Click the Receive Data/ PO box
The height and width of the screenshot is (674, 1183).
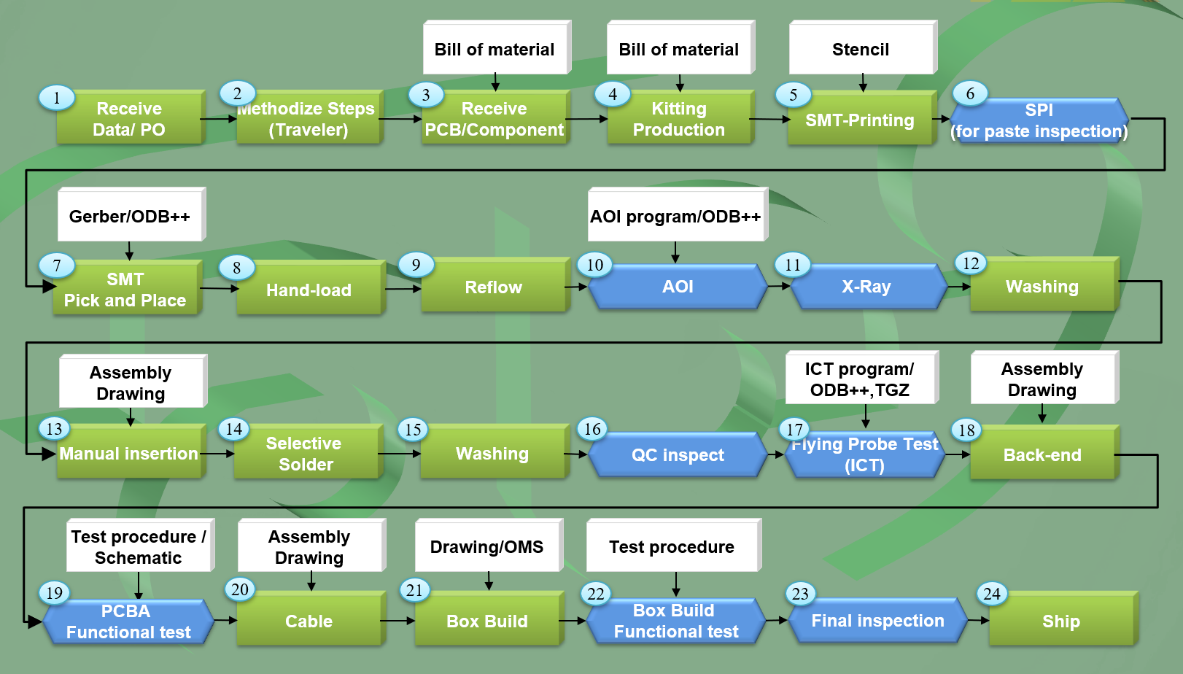pos(129,118)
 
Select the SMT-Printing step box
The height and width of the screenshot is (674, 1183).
pos(860,120)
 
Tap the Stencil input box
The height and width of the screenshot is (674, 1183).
pos(861,49)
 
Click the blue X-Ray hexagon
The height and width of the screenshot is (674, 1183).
pos(866,287)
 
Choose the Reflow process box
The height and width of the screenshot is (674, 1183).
pos(494,287)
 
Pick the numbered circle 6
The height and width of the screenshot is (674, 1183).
pos(970,93)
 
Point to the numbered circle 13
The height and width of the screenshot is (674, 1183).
pos(54,428)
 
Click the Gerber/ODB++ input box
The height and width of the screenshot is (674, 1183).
pos(130,216)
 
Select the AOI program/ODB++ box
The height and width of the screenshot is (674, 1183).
pos(675,216)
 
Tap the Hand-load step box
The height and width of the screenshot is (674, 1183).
pos(309,290)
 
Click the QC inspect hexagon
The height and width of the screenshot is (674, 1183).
pos(678,455)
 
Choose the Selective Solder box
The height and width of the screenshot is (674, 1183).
pos(306,454)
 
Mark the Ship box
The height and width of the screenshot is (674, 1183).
pos(1061,621)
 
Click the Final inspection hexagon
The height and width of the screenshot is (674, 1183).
pos(877,621)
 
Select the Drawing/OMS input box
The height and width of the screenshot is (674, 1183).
pos(487,546)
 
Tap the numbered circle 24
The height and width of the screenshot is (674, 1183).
pos(992,594)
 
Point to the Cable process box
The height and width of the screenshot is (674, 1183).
pos(309,621)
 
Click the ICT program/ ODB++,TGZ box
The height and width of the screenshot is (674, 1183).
pos(860,379)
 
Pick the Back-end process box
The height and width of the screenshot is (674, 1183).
pos(1042,454)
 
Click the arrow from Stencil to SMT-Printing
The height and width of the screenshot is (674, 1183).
pos(863,82)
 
